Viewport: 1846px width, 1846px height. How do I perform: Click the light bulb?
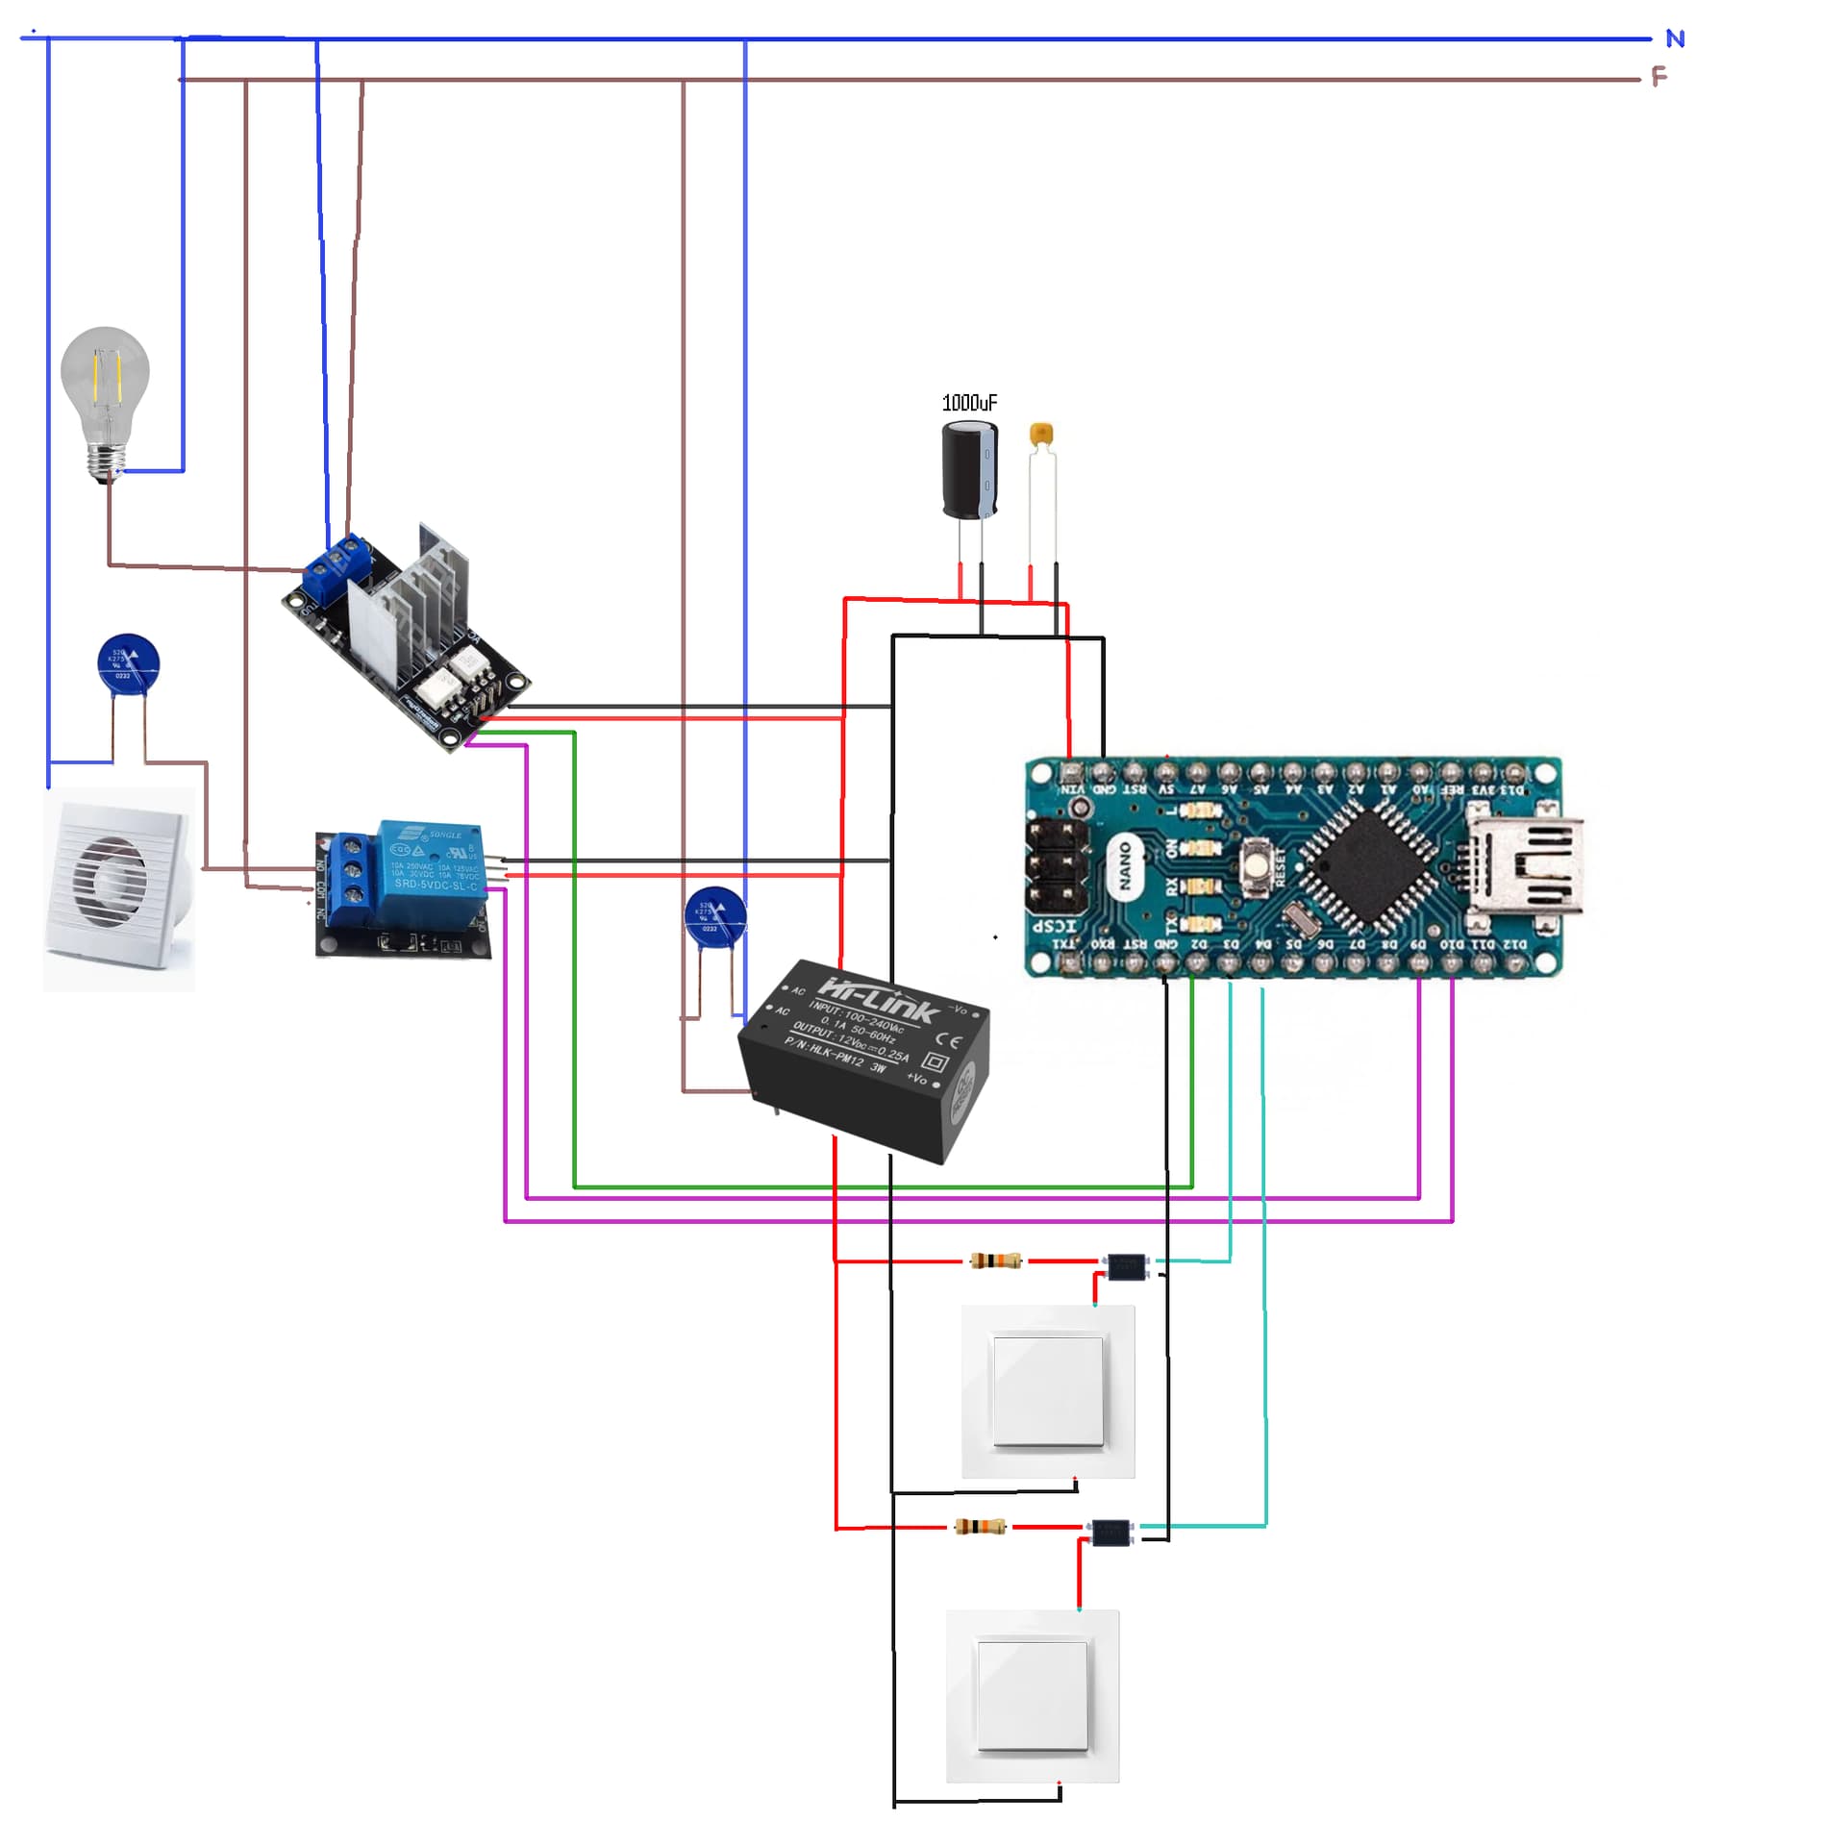(x=105, y=389)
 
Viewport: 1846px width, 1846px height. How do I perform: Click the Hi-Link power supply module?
(x=863, y=1058)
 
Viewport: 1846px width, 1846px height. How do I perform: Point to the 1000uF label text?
(x=968, y=403)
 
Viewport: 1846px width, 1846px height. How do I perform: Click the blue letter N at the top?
(x=1675, y=39)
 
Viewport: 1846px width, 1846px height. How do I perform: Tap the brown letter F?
(x=1659, y=77)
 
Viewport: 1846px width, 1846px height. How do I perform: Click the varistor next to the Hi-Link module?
(x=714, y=916)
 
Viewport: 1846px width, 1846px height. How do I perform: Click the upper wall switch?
(x=1048, y=1390)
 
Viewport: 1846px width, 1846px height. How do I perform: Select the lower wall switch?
(x=1033, y=1695)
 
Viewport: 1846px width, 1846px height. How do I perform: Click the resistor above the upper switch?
(x=995, y=1260)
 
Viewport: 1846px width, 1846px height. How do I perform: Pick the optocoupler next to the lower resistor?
(x=1110, y=1532)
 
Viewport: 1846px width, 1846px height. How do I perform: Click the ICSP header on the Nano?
(x=1058, y=866)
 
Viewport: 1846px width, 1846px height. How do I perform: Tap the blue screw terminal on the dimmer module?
(x=337, y=564)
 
